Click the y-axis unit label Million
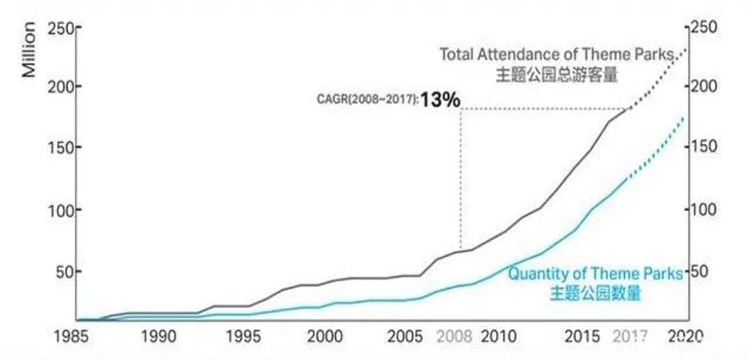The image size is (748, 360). point(29,49)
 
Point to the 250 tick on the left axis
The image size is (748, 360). point(60,28)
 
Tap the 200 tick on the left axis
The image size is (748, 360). point(60,87)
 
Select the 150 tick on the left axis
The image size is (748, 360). point(60,148)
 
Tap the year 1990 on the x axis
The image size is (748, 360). point(157,337)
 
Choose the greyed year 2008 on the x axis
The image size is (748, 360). point(454,337)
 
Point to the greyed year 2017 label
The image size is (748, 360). point(630,337)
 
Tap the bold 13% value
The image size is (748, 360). point(440,100)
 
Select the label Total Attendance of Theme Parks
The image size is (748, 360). point(556,54)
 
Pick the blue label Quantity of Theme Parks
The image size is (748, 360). point(595,273)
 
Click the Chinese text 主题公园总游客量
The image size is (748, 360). point(556,75)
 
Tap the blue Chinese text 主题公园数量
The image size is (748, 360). point(595,294)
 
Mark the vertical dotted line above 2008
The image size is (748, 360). point(461,180)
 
